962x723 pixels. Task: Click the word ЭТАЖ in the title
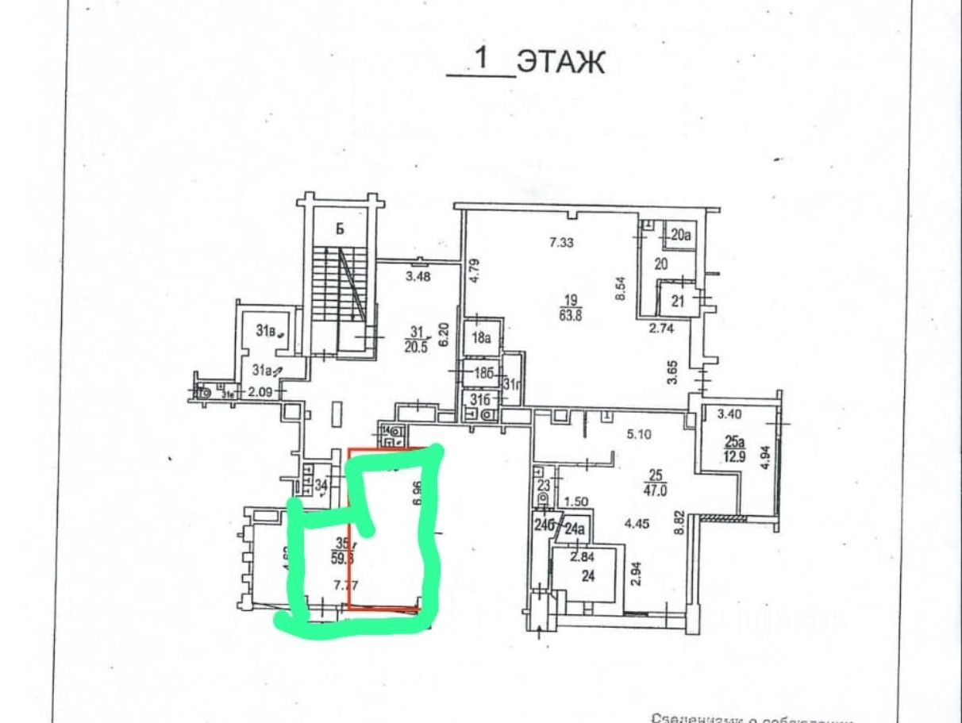pos(560,61)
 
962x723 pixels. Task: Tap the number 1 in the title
pos(480,58)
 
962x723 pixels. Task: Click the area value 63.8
pos(571,312)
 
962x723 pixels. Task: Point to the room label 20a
pos(680,234)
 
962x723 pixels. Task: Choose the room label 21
pos(678,301)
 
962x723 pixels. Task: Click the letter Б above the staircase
pos(339,230)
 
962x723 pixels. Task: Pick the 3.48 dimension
pos(418,277)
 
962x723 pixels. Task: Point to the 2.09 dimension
pos(258,391)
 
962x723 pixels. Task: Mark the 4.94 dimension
pos(765,459)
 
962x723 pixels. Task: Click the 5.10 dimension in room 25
pos(639,435)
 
